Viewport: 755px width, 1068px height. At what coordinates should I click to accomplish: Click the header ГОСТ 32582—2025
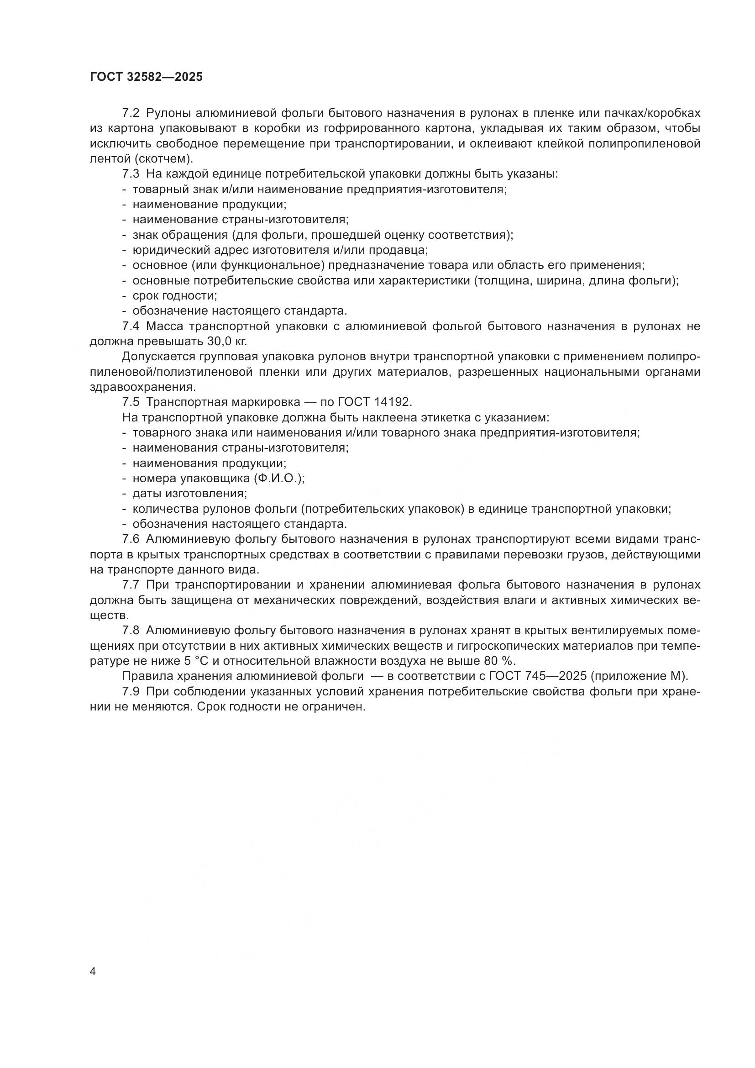click(147, 77)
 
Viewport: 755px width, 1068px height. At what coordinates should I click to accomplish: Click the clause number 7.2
click(131, 113)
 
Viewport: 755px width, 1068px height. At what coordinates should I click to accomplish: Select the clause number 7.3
click(131, 174)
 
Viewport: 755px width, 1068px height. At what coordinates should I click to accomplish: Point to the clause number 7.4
click(131, 326)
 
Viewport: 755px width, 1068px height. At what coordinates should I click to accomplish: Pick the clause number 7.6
click(131, 539)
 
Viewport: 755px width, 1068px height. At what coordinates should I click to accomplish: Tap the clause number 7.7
click(131, 585)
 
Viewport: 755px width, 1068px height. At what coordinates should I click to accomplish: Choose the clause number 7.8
click(131, 630)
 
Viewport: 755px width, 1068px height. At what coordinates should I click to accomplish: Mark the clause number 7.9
click(131, 691)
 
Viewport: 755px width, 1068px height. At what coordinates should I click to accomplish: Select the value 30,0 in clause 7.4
click(218, 342)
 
